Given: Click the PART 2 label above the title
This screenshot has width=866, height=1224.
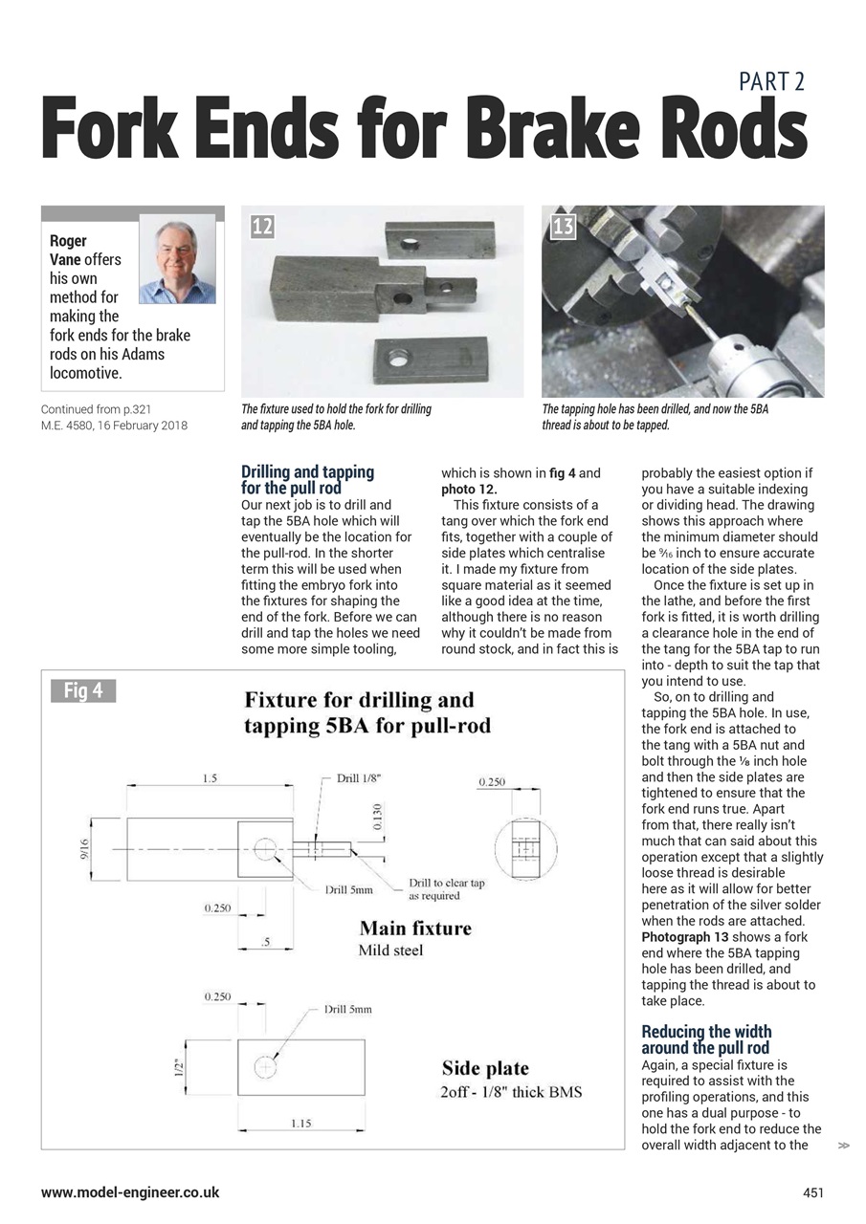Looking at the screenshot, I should point(771,81).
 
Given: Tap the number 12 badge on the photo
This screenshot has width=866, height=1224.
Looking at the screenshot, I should point(262,226).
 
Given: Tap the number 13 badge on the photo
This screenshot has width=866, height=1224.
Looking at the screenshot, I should point(563,226).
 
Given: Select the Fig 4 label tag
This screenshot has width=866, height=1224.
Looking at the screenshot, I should point(83,690).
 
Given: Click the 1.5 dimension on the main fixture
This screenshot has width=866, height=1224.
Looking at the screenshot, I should point(210,778).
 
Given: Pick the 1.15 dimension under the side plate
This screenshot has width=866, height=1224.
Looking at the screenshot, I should point(300,1123).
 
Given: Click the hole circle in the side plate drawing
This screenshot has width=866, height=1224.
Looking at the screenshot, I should point(265,1066).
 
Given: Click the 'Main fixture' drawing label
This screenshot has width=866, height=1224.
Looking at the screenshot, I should point(415,929).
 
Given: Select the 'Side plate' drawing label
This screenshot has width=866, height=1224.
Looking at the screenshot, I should point(485,1068).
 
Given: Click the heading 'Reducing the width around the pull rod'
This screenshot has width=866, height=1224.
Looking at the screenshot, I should point(706,1039).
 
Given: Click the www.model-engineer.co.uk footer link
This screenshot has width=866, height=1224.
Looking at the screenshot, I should point(130,1192).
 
